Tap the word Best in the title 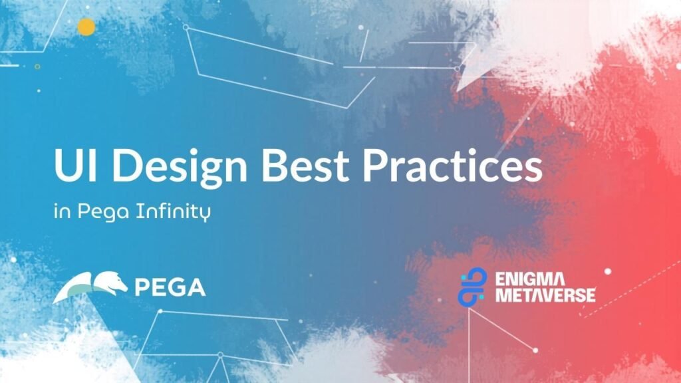pos(305,166)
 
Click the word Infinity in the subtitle pos(174,212)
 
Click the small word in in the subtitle pos(63,212)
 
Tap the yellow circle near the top pos(86,27)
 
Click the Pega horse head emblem pos(90,287)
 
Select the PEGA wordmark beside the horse pos(170,287)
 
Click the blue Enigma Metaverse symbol pos(472,286)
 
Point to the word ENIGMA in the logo pos(530,279)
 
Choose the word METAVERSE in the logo pos(545,295)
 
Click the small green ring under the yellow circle pos(37,66)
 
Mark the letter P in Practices pos(375,166)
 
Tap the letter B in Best pos(275,166)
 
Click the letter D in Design pos(127,166)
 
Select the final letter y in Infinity pos(205,215)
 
